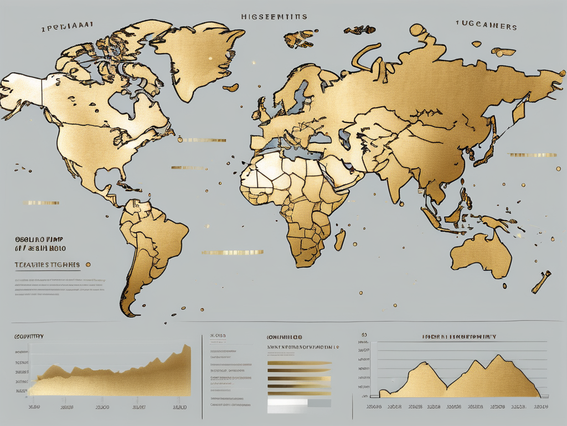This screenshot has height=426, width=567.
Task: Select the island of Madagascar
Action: pyautogui.click(x=341, y=240)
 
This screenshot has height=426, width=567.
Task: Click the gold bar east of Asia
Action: pyautogui.click(x=532, y=155)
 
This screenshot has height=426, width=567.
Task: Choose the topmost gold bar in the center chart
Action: pyautogui.click(x=299, y=364)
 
